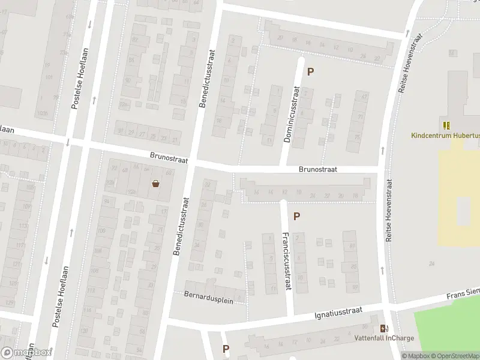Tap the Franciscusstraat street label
point(286,262)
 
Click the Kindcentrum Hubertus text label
point(445,136)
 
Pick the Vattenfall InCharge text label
point(384,338)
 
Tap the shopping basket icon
point(156,184)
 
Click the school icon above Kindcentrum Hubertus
point(446,125)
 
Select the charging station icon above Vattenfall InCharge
point(384,328)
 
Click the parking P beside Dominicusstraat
point(311,72)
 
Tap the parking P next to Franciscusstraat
point(296,216)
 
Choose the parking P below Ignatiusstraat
point(226,349)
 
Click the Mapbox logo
point(26,353)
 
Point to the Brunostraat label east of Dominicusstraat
point(318,170)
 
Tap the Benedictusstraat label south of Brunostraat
point(181,226)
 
